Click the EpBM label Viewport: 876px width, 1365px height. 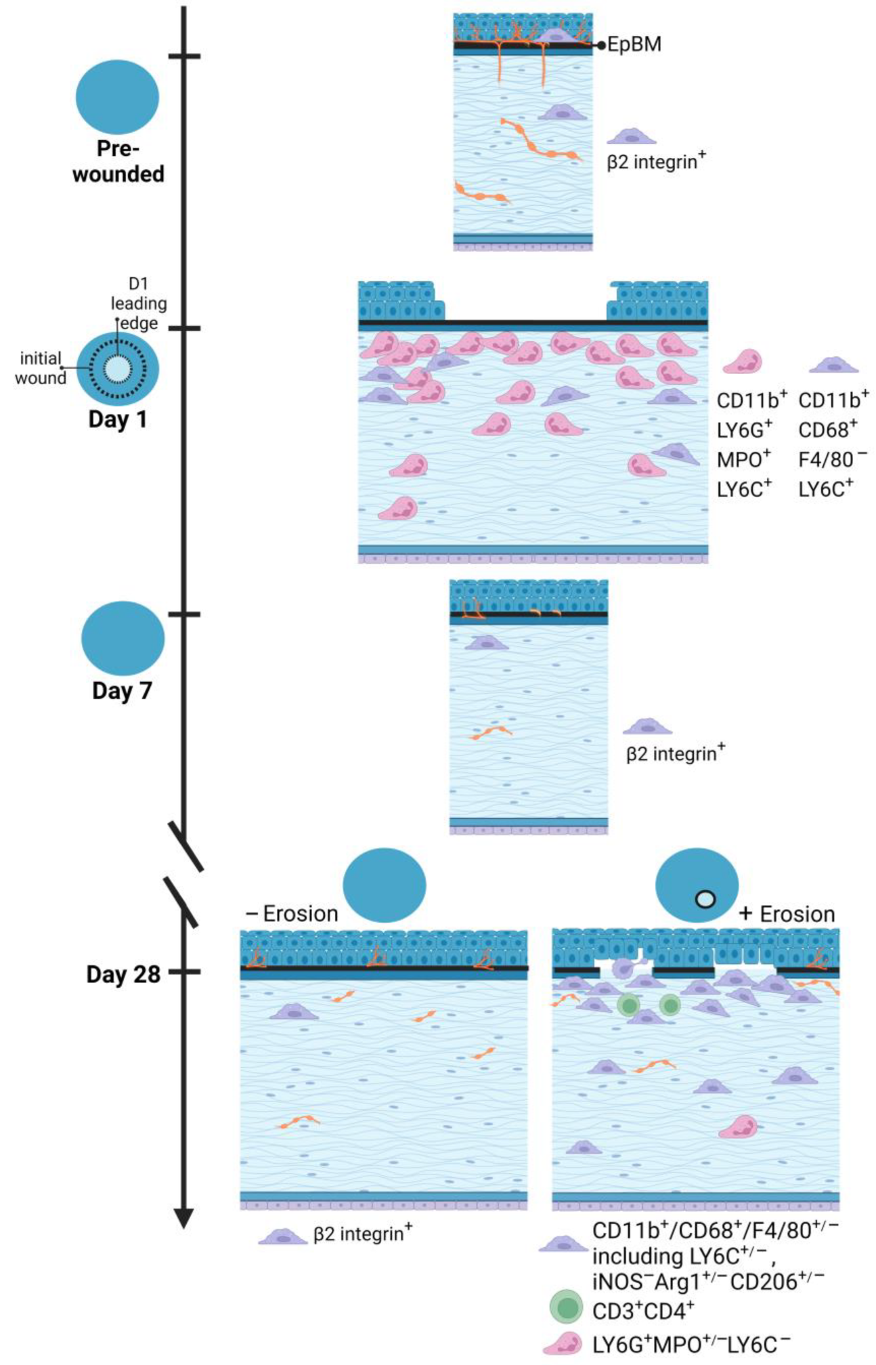click(634, 45)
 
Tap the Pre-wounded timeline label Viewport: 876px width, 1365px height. click(118, 161)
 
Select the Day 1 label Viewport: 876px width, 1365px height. click(118, 419)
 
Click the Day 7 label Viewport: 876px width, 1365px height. click(122, 691)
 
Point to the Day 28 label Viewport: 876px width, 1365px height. click(123, 974)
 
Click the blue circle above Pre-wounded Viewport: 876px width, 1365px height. click(117, 97)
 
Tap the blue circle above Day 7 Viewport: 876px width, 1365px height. click(123, 638)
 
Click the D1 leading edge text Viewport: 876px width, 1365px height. click(139, 303)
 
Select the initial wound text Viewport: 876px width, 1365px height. click(41, 368)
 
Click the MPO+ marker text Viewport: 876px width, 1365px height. click(743, 459)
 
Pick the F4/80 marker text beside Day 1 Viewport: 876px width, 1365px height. click(832, 459)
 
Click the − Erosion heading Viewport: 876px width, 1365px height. click(292, 914)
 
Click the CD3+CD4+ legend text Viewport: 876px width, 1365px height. click(642, 1311)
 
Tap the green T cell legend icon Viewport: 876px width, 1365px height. click(566, 1307)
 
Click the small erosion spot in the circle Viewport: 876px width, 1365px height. click(705, 899)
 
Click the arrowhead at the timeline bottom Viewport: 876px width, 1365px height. click(183, 1217)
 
